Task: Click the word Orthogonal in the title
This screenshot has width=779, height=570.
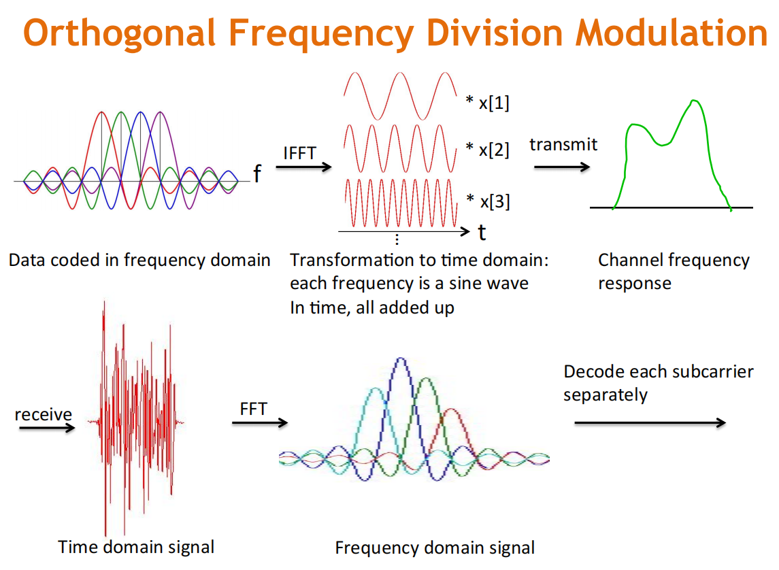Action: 119,34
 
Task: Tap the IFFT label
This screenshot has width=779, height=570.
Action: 299,153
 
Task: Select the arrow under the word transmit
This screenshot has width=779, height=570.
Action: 562,167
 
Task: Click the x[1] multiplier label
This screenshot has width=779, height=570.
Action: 487,102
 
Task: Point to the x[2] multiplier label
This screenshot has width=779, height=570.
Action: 487,149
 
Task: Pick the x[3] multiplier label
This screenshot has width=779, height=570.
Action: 488,201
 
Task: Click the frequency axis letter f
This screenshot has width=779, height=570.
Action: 257,173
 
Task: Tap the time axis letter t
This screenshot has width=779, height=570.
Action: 482,233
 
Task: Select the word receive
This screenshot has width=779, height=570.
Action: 44,414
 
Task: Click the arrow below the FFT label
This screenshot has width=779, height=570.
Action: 260,422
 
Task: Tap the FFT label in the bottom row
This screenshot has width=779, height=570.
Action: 253,409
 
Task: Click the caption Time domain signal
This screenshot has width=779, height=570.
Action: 136,547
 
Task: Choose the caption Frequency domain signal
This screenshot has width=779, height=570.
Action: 435,548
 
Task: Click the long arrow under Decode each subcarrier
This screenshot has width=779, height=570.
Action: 650,422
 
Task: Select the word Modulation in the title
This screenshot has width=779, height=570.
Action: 672,34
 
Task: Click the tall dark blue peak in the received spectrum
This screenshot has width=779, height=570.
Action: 401,361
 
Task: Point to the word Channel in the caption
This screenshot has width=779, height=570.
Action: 631,260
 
